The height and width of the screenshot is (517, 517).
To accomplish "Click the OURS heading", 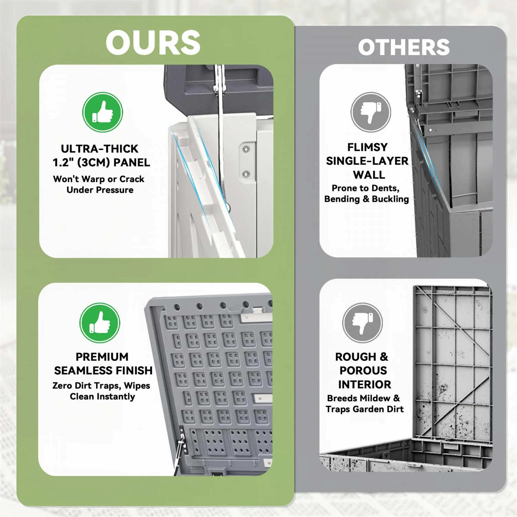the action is [153, 43].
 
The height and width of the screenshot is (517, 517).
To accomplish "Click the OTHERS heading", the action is [404, 47].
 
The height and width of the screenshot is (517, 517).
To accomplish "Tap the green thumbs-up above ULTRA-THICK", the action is [103, 112].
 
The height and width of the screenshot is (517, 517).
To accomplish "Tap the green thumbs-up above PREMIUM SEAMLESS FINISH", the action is [100, 323].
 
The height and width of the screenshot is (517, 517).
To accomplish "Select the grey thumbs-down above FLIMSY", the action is [371, 112].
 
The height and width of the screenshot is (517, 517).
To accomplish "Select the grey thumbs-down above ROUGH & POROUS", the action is [363, 323].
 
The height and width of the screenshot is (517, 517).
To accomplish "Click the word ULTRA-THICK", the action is [100, 149].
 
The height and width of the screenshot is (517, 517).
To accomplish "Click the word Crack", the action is [132, 179].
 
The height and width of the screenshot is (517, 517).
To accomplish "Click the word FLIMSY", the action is [367, 147].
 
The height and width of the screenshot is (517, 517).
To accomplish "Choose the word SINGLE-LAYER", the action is [367, 161].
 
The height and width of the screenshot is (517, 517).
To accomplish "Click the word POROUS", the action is [363, 371].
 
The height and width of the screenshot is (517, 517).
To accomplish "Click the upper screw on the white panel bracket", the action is [246, 149].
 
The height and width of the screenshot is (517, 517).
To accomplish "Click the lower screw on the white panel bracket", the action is [246, 174].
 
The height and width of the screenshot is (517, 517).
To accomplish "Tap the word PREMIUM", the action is [102, 357].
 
